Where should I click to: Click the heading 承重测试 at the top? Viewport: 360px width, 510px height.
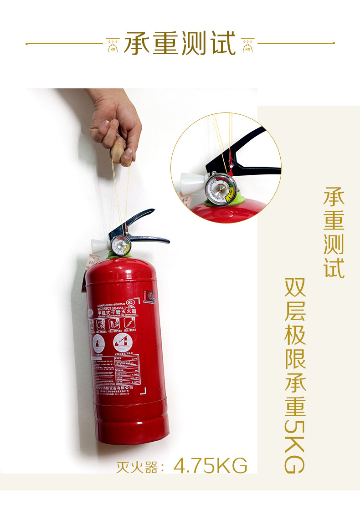point(180,43)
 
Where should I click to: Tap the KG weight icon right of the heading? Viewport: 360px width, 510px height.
point(247,45)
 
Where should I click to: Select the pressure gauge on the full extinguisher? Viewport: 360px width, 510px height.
point(121,246)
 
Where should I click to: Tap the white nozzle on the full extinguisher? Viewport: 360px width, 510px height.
point(99,246)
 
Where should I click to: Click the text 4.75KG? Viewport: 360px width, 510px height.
point(211,466)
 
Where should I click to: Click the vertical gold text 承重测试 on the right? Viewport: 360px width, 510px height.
point(334,232)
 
